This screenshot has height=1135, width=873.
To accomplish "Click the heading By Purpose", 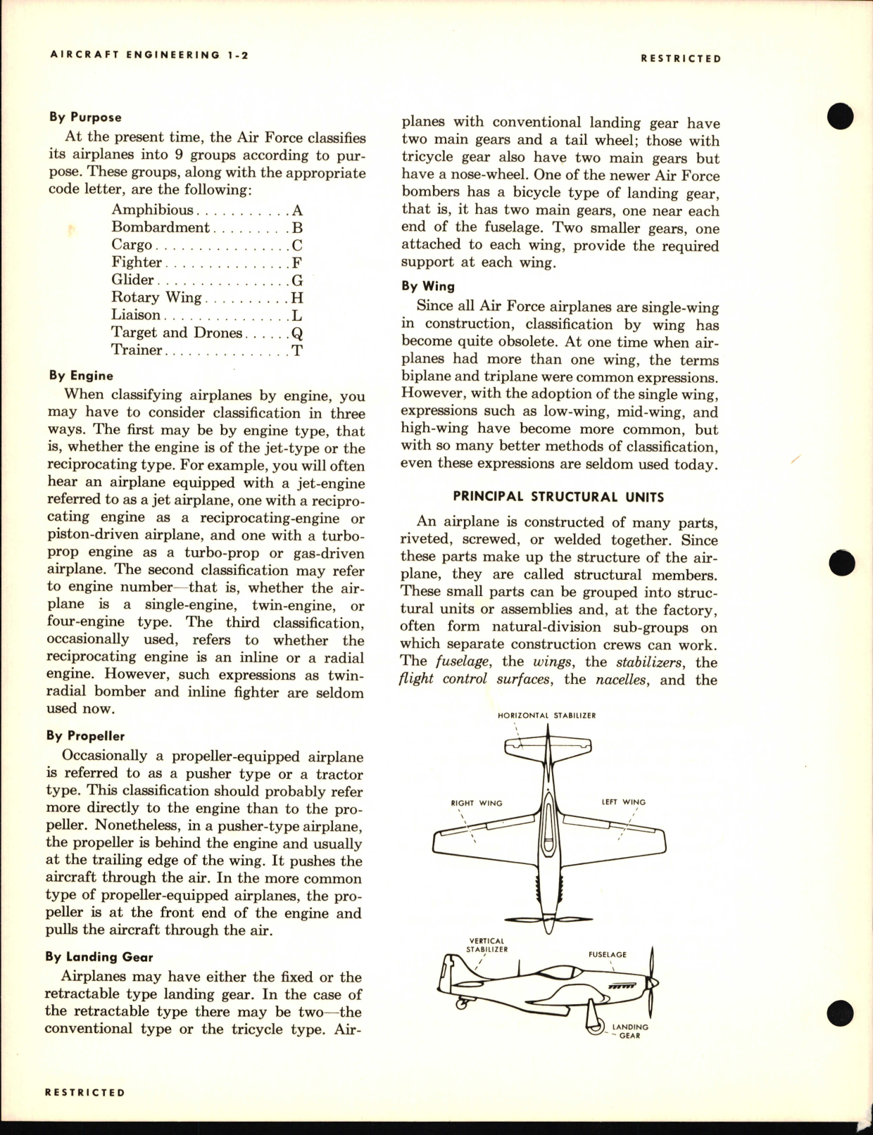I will pos(85,118).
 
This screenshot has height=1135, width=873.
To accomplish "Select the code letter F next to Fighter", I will pos(297,262).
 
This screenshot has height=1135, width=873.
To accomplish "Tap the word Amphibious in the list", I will pos(152,210).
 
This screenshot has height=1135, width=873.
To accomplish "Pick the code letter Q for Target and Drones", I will pos(297,333).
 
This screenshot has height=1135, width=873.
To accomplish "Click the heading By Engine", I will pos(80,376).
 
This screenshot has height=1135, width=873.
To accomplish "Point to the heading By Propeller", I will pos(85,736).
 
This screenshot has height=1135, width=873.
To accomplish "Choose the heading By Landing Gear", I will pos(99,957).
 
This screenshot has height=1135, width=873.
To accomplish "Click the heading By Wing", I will pos(428,286).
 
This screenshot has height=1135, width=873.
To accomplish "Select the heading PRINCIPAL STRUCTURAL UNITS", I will pos(558,497).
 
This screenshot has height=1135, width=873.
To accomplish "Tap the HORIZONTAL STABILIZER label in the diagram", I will pos(546,716).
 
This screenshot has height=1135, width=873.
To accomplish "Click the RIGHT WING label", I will pos(477,803).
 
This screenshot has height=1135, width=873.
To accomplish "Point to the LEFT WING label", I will pos(623,802).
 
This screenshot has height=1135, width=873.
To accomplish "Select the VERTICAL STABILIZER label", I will pos(486,945).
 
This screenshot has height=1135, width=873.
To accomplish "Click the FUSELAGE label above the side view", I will pos(607,955).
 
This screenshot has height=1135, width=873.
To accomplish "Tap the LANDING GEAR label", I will pos(629,1032).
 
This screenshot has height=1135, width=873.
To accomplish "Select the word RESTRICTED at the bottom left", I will pos(84,1093).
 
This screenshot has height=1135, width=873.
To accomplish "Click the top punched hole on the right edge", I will pos(841,116).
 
